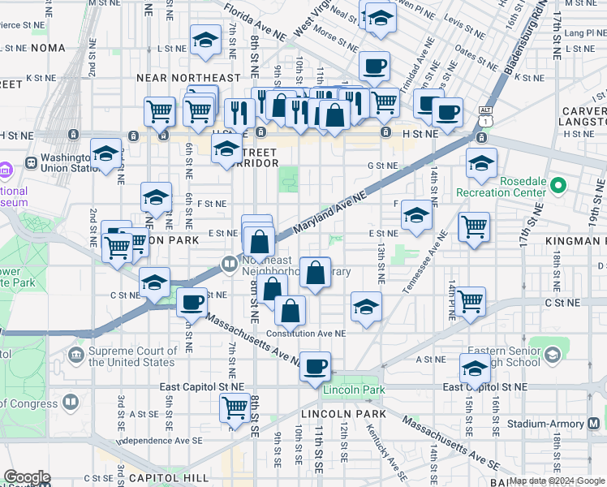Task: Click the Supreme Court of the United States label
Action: [131, 356]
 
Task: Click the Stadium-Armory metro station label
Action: [551, 424]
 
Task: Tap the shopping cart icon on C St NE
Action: [471, 301]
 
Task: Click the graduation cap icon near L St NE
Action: [206, 39]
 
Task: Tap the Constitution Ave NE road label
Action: [306, 334]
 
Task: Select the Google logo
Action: [27, 477]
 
